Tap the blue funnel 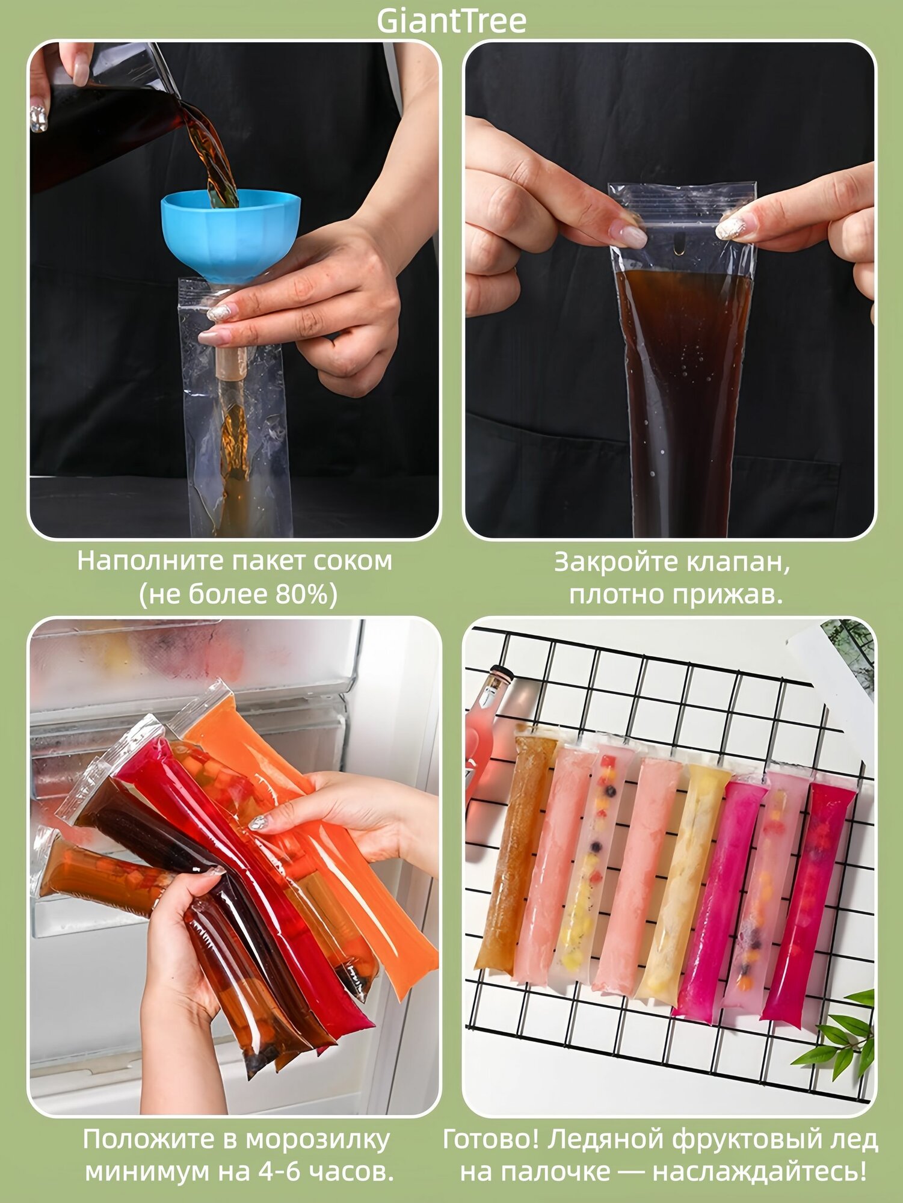click(230, 235)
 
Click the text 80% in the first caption click(297, 594)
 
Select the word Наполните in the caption click(150, 561)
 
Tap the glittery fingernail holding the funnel click(219, 313)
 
